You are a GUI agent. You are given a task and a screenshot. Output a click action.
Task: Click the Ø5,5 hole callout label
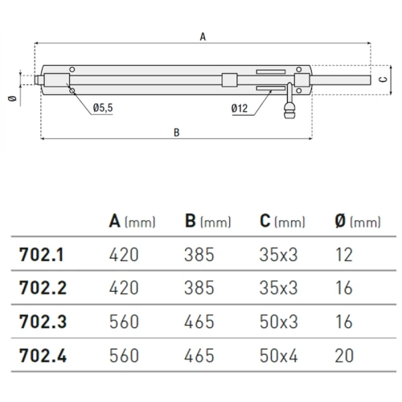click(x=103, y=108)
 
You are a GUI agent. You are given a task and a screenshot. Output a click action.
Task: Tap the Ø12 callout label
click(x=240, y=109)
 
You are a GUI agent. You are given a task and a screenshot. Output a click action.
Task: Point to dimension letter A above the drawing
click(x=203, y=37)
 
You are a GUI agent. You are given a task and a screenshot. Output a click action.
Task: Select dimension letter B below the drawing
click(x=176, y=133)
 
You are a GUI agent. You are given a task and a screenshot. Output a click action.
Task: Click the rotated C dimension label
click(x=384, y=79)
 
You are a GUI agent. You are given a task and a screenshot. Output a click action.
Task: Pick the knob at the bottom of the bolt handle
click(x=289, y=111)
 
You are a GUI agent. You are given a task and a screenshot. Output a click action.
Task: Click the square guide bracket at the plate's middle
click(x=230, y=80)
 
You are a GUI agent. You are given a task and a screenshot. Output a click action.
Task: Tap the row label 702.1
click(x=42, y=255)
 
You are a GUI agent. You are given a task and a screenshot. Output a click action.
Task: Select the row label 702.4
click(x=43, y=355)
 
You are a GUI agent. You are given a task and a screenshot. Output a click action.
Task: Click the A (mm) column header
click(x=132, y=221)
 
